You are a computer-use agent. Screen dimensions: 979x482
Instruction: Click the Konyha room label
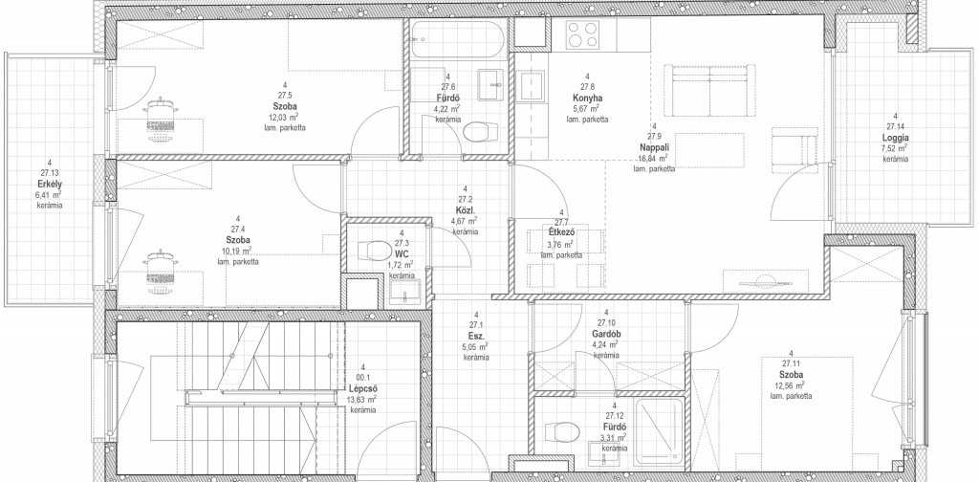tap(587, 98)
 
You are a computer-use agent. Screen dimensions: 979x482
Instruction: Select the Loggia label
tap(895, 138)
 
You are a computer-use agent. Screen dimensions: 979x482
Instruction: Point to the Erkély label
tap(50, 184)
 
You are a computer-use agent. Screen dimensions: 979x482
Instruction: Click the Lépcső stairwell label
tap(362, 388)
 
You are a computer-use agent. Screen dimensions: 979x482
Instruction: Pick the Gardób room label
tap(605, 334)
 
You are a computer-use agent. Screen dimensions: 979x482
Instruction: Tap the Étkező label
tap(560, 233)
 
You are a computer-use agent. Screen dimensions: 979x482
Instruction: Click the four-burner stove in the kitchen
tap(583, 33)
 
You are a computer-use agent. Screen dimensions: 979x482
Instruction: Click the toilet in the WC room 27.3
tap(375, 251)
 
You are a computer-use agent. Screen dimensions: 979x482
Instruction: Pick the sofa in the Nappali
tap(709, 90)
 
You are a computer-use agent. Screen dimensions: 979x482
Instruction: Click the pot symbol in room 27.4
tap(160, 272)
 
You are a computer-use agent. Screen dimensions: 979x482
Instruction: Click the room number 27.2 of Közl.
tap(465, 199)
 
